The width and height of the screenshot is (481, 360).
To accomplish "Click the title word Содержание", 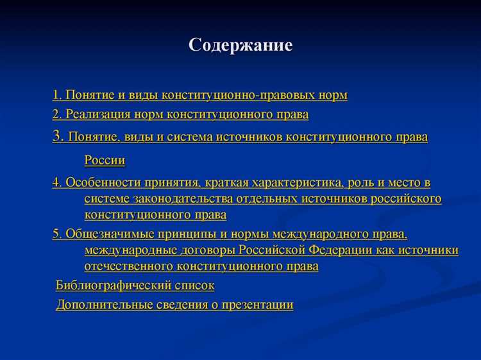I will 240,45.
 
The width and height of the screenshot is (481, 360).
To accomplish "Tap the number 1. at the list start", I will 56,95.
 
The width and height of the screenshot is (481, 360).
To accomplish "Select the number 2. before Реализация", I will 56,115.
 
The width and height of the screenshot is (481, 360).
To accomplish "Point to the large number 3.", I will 57,136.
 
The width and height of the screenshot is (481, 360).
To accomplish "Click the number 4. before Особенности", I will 57,182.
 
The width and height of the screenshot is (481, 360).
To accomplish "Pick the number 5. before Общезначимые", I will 57,234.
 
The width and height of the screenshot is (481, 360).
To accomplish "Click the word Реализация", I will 98,115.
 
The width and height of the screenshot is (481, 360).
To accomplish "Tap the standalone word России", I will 105,160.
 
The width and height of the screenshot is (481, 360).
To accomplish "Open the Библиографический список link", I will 135,286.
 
